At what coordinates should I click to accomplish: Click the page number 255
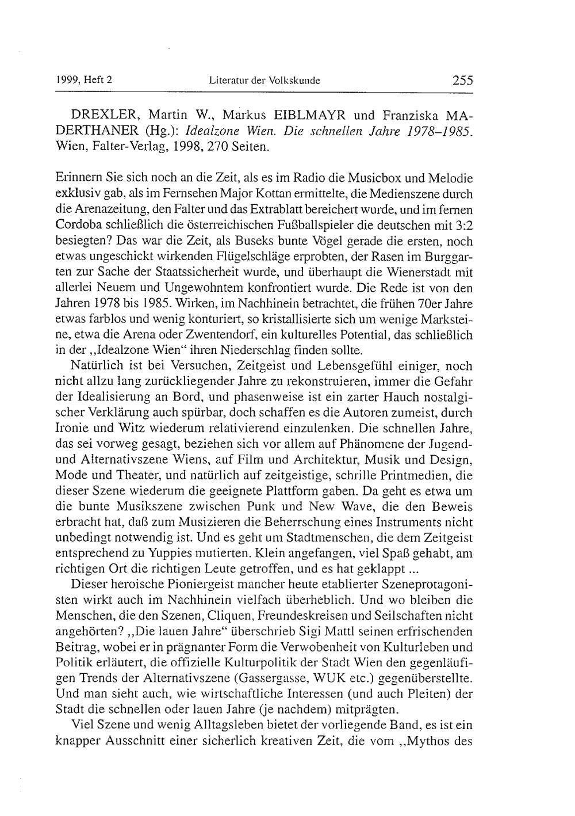[462, 81]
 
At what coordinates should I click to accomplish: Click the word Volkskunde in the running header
[297, 81]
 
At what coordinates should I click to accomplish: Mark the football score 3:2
[462, 224]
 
